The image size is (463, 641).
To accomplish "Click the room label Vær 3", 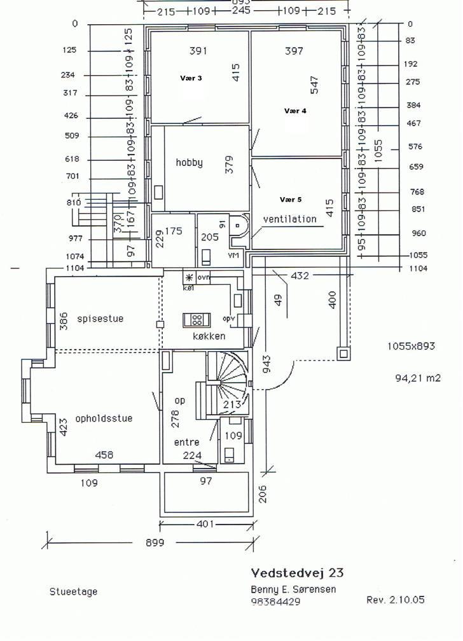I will tap(191, 78).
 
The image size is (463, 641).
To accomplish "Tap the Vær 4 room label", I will tap(294, 111).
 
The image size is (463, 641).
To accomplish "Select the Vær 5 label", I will tap(290, 199).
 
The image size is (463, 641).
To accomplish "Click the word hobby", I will tap(189, 163).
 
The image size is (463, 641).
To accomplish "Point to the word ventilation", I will tap(290, 219).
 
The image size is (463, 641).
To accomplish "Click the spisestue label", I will tap(100, 319).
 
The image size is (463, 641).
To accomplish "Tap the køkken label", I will tap(209, 336).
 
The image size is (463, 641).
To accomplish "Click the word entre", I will tap(186, 442).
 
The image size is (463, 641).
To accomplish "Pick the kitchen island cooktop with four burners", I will tap(197, 319).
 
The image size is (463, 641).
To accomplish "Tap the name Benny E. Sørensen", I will tap(293, 589).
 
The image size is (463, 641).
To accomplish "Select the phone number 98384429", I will tap(275, 602).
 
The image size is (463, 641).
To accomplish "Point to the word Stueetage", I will tap(73, 591).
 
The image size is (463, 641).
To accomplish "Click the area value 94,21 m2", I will tap(418, 378).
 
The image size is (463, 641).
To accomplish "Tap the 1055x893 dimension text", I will tap(411, 347).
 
